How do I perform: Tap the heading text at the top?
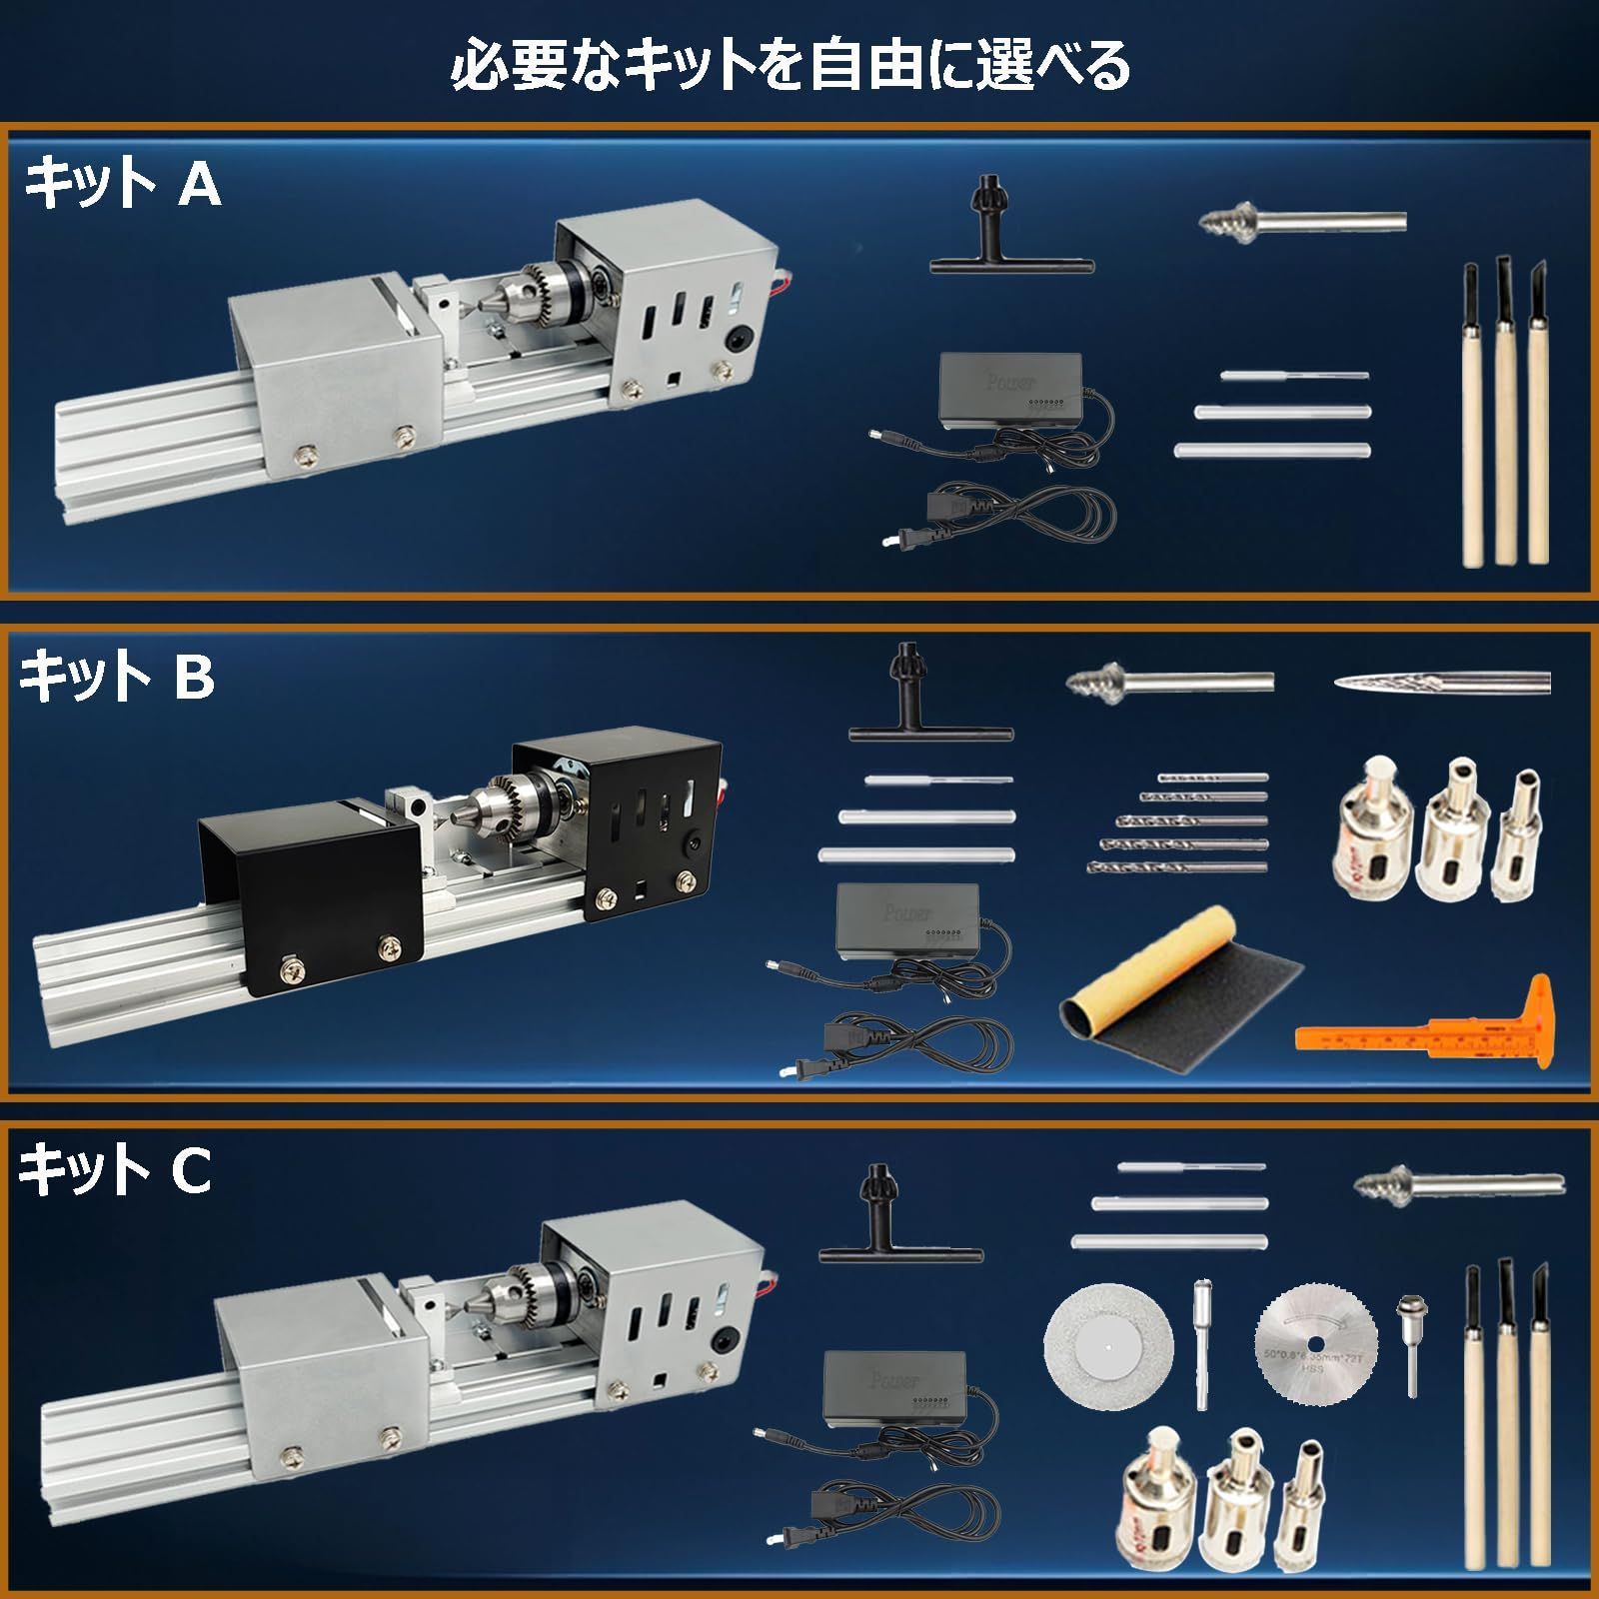pos(790,65)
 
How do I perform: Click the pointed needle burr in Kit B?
pos(1439,683)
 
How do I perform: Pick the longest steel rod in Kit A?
pos(1271,451)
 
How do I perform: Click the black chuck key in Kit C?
pos(899,1224)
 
